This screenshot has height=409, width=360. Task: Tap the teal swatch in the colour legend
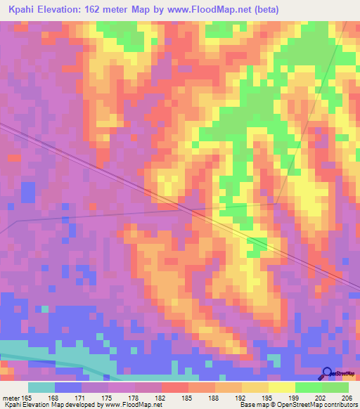click(41, 388)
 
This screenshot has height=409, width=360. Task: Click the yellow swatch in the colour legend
click(281, 388)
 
